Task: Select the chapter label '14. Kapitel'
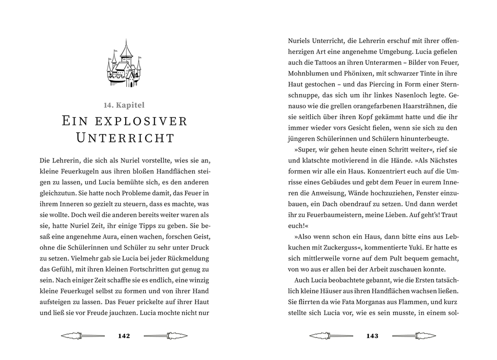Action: point(124,105)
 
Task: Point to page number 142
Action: point(124,336)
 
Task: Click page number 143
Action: point(372,336)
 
